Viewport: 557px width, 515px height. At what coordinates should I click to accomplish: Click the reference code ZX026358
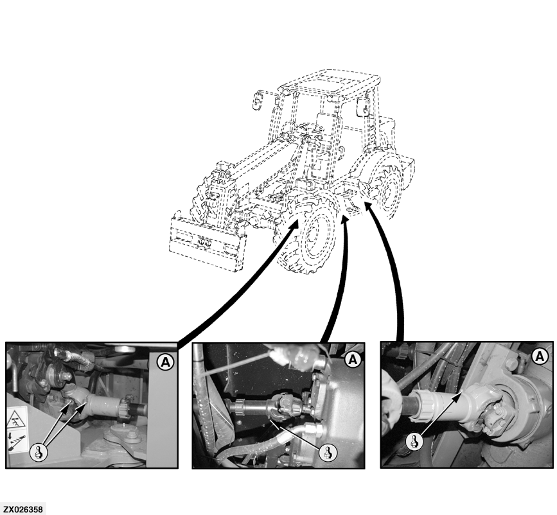(x=22, y=510)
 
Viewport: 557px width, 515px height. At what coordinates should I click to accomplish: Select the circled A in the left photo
(x=166, y=362)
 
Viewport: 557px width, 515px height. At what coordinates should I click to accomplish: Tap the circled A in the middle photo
(x=353, y=360)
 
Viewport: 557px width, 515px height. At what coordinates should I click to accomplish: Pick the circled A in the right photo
(x=540, y=356)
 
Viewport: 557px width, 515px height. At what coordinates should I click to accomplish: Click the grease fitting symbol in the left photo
(x=39, y=452)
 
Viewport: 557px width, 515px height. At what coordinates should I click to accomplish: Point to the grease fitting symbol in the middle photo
(x=327, y=453)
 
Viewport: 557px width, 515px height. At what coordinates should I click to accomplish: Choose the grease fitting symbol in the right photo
(x=414, y=442)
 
